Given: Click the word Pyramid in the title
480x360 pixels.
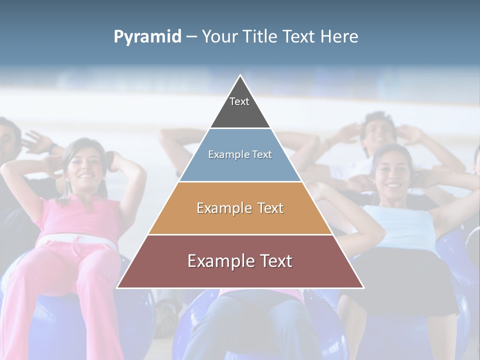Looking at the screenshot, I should click(x=147, y=37).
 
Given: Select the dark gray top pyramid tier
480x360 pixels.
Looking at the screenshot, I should click(x=240, y=107).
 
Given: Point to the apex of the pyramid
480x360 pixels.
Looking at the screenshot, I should click(x=240, y=76).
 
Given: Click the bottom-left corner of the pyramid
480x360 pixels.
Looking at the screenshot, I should click(x=118, y=287).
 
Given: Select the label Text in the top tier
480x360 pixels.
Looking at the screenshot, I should click(x=239, y=101).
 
